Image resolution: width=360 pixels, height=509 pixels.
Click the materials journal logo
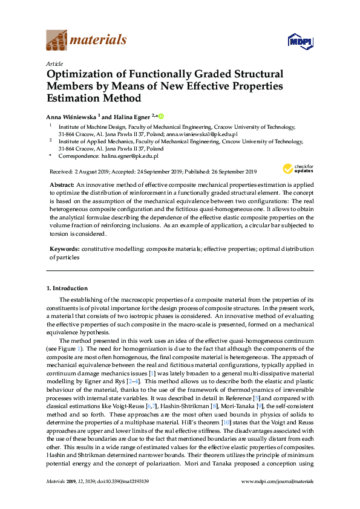[87, 41]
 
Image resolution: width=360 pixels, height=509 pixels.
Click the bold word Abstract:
[62, 183]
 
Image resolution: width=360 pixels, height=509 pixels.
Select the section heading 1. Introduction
[69, 288]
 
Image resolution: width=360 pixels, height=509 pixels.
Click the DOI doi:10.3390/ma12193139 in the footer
[134, 498]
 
